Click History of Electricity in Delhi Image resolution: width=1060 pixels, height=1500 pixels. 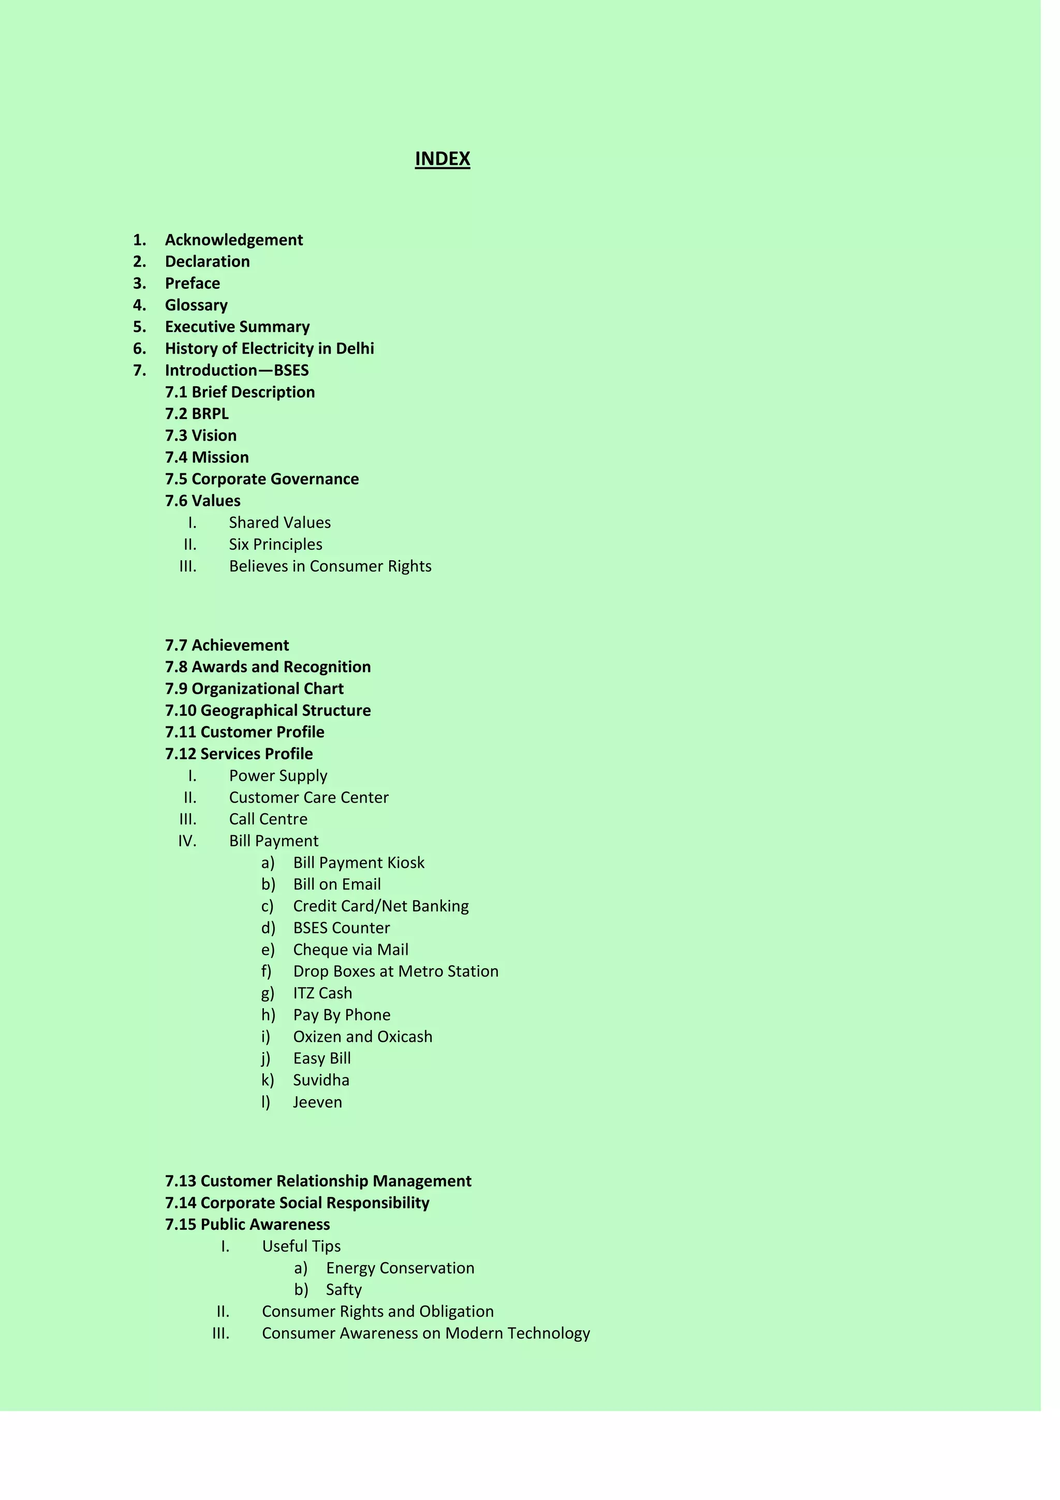(x=269, y=348)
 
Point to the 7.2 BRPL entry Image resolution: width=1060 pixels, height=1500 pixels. (x=197, y=414)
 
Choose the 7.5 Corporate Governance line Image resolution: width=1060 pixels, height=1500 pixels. (x=261, y=479)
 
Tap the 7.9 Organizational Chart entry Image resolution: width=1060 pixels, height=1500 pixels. (x=254, y=689)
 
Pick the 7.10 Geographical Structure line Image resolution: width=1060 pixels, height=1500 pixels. (x=268, y=710)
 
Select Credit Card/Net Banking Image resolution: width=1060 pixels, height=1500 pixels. (x=381, y=906)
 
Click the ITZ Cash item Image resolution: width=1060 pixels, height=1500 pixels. (x=322, y=993)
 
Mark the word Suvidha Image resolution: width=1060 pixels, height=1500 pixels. (x=321, y=1080)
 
